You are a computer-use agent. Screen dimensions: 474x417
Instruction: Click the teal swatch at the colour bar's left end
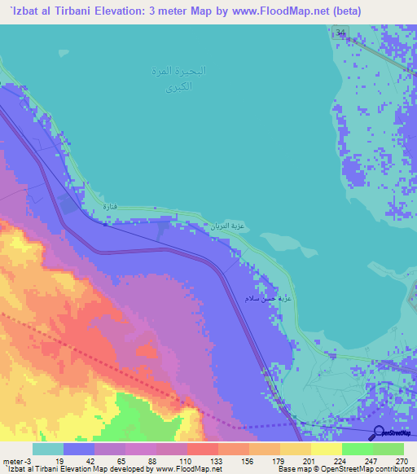pyautogui.click(x=48, y=449)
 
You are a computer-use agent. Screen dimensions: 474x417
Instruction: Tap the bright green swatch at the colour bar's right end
pyautogui.click(x=388, y=449)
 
